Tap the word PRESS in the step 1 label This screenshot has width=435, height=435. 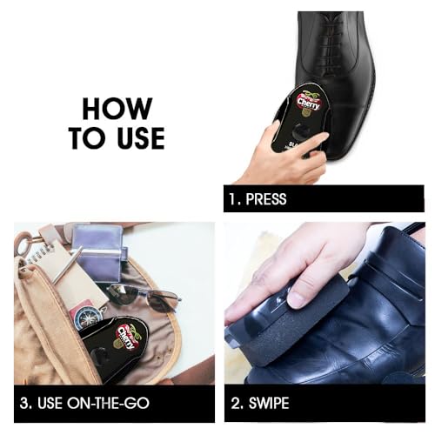tap(265, 199)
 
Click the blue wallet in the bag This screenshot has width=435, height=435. tap(97, 248)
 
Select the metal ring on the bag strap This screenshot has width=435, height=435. tap(23, 243)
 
